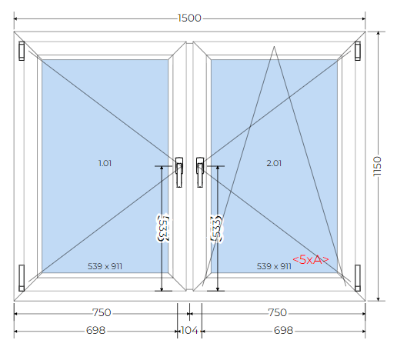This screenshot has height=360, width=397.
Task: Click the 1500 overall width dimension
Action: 189,18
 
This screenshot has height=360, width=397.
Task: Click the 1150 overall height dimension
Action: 377,166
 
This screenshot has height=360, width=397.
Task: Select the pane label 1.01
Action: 105,163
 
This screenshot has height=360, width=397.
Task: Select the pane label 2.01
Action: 274,163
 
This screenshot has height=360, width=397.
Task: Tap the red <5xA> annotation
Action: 311,260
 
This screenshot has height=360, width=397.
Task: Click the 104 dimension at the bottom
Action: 189,330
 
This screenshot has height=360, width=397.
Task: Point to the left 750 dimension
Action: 102,312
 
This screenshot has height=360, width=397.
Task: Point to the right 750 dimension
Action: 277,312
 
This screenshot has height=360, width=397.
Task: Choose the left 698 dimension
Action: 96,330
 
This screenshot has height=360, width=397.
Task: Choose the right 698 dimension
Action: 283,330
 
